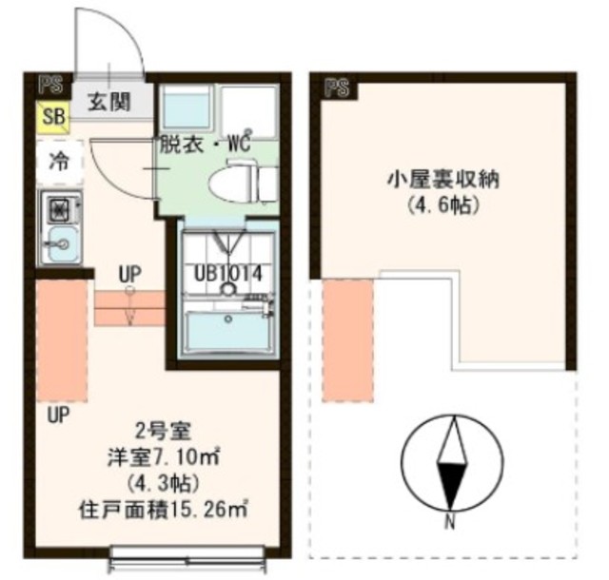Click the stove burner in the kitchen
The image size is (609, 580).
[56, 207]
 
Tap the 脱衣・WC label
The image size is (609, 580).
[205, 146]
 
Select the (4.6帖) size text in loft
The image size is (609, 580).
[445, 203]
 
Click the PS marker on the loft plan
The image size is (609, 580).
[336, 90]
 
